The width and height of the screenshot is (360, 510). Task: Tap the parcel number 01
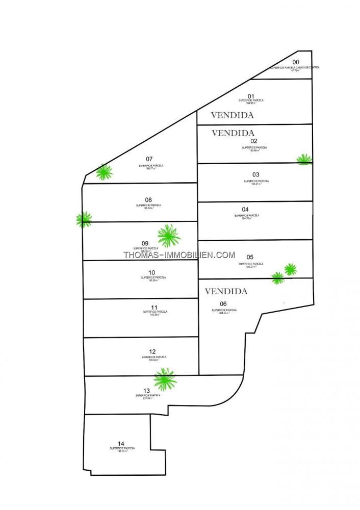pos(251,96)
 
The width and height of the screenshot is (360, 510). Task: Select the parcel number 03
pos(256,174)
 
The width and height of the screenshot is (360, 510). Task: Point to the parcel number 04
pos(245,209)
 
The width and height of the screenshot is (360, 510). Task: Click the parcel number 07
pos(149,159)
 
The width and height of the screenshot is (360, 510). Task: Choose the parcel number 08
pos(148,199)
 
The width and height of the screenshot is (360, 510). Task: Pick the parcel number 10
pos(151,272)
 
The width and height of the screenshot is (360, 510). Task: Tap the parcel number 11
pos(155,307)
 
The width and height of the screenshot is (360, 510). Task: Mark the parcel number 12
pos(152,351)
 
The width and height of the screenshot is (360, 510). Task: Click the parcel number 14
pos(121,443)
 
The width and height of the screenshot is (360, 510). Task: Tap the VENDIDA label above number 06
pos(226,292)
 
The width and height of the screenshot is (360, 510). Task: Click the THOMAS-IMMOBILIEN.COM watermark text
pos(179,255)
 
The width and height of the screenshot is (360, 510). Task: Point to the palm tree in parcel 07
pos(105,172)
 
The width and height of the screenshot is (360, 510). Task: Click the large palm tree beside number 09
pos(169,235)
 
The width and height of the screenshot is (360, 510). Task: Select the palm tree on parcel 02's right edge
pos(304,159)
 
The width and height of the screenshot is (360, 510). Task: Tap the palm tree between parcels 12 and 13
pos(165,378)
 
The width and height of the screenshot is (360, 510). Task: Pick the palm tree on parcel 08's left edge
pos(84,219)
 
